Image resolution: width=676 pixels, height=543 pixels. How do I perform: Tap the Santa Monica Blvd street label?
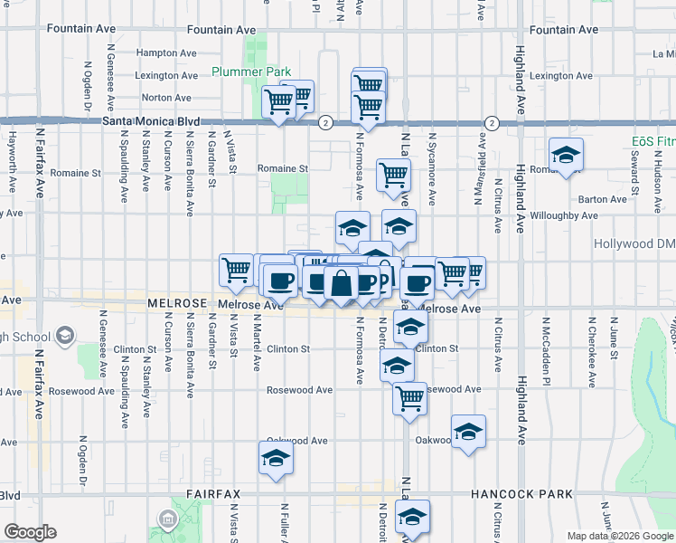pyautogui.click(x=150, y=120)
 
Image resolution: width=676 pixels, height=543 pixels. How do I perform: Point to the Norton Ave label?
pyautogui.click(x=166, y=98)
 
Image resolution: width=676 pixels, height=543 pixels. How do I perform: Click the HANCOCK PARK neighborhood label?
pyautogui.click(x=522, y=494)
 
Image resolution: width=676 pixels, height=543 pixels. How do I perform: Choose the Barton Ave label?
pyautogui.click(x=603, y=199)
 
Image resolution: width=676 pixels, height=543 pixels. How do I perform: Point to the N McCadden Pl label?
pyautogui.click(x=547, y=344)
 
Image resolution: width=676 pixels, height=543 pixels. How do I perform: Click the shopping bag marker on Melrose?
pyautogui.click(x=341, y=283)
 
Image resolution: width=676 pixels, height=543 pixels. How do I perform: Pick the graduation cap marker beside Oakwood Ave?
pyautogui.click(x=468, y=433)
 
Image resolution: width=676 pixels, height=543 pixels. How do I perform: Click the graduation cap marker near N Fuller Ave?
pyautogui.click(x=276, y=459)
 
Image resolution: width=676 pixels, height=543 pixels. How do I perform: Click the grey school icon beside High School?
pyautogui.click(x=65, y=337)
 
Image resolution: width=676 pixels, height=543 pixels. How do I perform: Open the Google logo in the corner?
pyautogui.click(x=30, y=532)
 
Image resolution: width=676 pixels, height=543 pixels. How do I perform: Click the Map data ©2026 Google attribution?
pyautogui.click(x=620, y=536)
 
